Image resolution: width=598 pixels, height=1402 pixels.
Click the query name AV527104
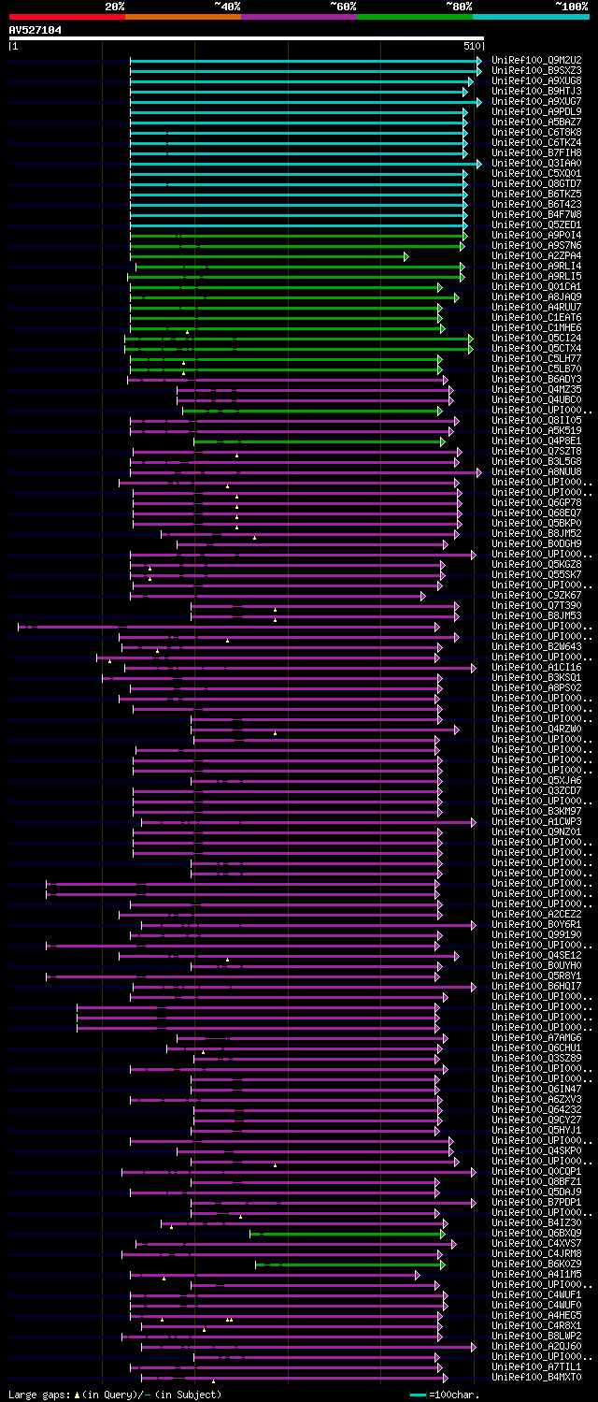click(36, 30)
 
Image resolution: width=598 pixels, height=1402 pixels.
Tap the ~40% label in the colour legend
click(227, 7)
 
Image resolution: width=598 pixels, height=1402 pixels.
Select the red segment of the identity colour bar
click(66, 16)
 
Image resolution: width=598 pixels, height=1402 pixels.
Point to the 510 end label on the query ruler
click(471, 45)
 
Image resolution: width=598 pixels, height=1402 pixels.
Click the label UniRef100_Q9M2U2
click(536, 60)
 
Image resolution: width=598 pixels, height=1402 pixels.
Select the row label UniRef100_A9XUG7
click(536, 101)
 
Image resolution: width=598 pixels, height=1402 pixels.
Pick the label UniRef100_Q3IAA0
click(536, 163)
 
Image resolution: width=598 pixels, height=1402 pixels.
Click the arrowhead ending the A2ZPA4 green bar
click(406, 255)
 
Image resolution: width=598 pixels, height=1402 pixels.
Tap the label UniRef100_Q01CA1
click(536, 286)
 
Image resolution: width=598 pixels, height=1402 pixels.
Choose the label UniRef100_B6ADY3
click(536, 379)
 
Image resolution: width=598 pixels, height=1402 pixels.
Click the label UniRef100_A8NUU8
click(536, 471)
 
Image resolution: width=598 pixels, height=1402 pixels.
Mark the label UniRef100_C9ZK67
click(536, 595)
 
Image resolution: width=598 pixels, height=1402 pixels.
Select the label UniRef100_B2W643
click(536, 646)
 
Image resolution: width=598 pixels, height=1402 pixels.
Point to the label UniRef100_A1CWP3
click(536, 821)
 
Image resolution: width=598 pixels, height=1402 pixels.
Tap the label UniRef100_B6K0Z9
click(536, 1264)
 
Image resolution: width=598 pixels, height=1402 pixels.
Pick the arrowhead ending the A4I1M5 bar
click(417, 1274)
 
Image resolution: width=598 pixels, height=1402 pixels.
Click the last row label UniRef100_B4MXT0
click(536, 1377)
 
